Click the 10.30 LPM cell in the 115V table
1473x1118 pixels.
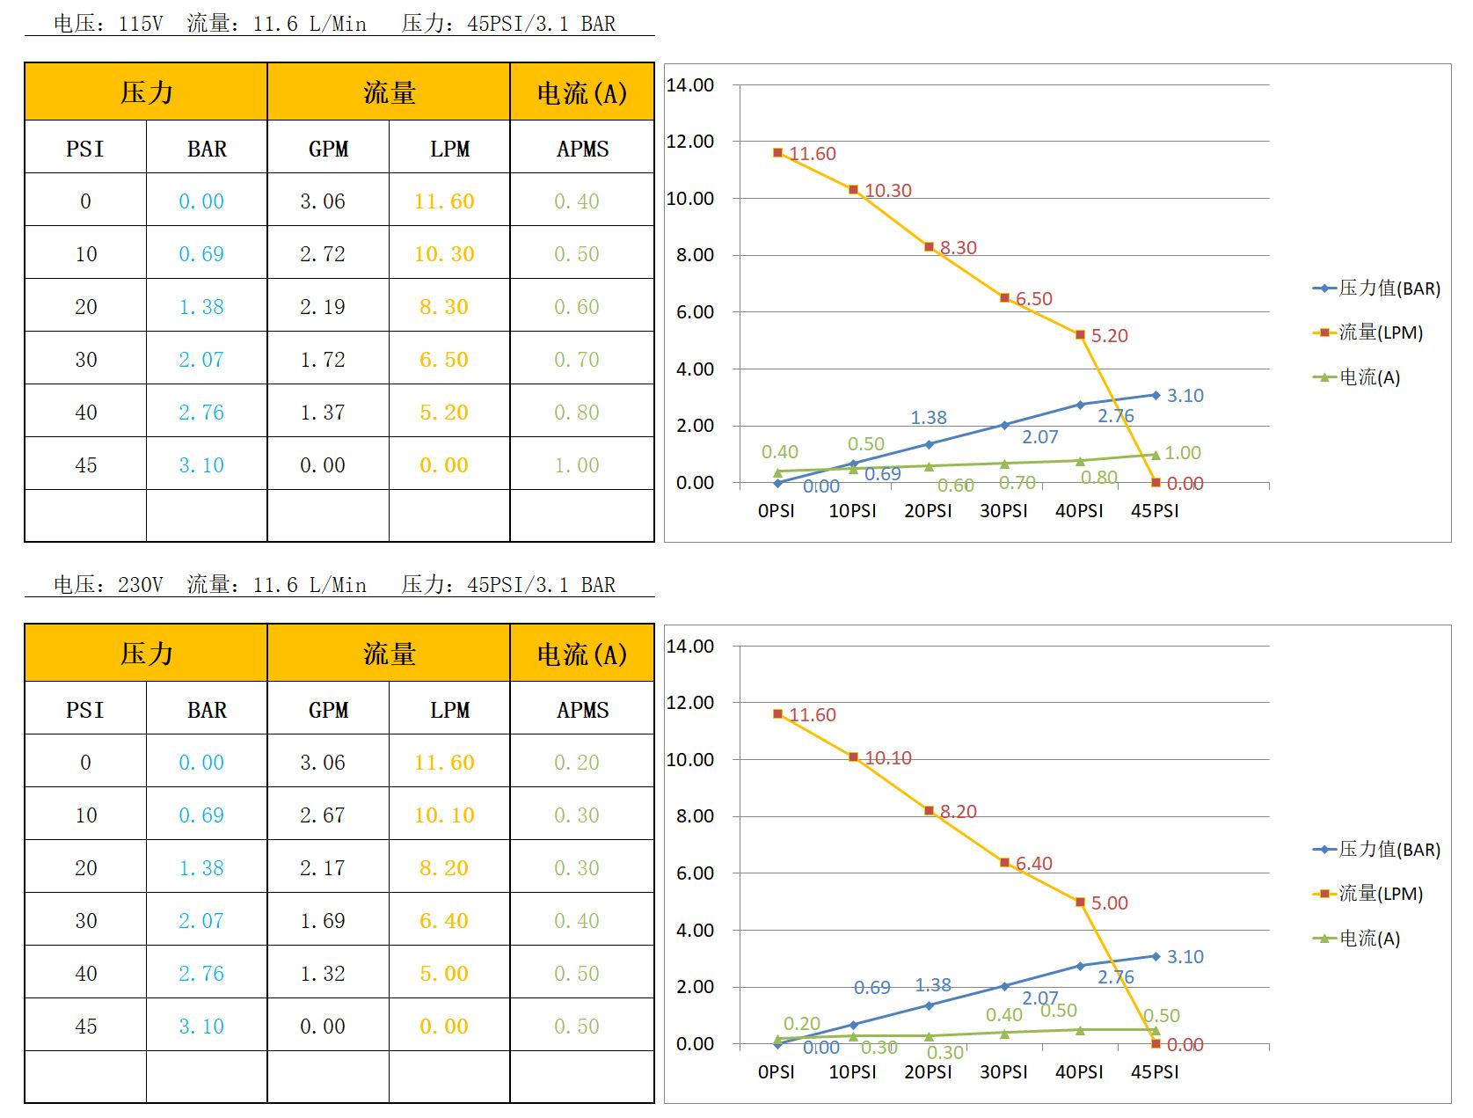[444, 254]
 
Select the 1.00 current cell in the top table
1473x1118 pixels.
[577, 465]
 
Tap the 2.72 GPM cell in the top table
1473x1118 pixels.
[323, 254]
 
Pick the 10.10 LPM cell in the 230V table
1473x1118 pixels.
[444, 815]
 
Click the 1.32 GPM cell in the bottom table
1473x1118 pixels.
[323, 974]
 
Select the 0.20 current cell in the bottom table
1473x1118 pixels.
[577, 763]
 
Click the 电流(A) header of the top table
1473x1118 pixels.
[582, 92]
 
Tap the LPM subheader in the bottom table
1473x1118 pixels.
[449, 710]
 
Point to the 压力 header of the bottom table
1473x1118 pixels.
[146, 654]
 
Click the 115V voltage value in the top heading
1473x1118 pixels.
[141, 24]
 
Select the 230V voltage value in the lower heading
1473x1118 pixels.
[141, 585]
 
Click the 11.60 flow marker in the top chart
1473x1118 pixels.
[777, 153]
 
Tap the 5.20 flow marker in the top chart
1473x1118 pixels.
[1080, 335]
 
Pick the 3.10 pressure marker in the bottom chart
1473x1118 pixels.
[1156, 956]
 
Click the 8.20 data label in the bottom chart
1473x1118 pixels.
[958, 812]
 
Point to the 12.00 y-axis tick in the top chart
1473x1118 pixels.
[690, 142]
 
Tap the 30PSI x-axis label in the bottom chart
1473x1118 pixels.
[1003, 1072]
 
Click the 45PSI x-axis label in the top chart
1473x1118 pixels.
[1155, 511]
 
